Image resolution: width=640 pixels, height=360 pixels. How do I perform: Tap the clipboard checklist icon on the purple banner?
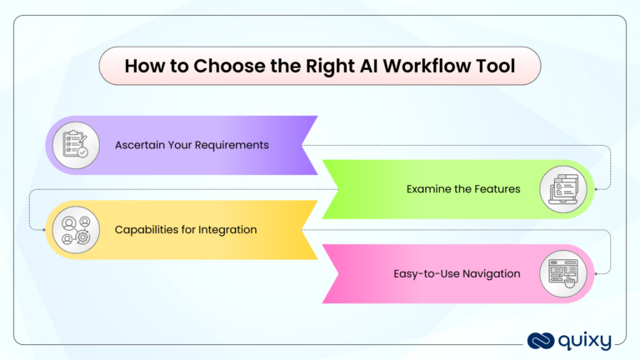pyautogui.click(x=72, y=145)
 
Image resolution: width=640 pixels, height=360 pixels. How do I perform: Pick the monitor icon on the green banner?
pyautogui.click(x=567, y=188)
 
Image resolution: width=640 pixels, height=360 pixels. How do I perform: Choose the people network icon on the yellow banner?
pyautogui.click(x=72, y=230)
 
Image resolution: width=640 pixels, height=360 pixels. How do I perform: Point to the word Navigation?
pyautogui.click(x=490, y=272)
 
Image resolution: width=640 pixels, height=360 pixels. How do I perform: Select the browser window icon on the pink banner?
pyautogui.click(x=567, y=272)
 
